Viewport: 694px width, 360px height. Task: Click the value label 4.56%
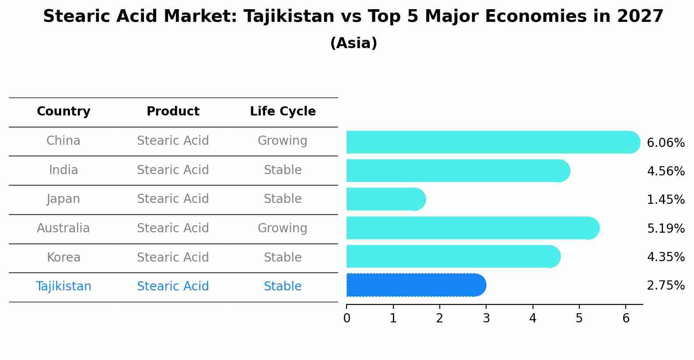666,171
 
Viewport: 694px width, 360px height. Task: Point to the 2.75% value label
666,286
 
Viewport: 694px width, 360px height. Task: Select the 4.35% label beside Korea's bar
666,257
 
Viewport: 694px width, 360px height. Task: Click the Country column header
63,112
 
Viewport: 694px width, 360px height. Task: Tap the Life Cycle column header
283,112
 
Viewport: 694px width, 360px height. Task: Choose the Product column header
173,112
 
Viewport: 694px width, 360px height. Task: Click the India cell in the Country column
63,170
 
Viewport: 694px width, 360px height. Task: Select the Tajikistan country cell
63,287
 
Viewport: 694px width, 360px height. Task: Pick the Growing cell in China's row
283,141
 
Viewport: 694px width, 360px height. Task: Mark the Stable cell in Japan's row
283,199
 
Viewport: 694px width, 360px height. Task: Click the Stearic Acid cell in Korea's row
173,257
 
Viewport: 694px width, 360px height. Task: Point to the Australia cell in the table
63,228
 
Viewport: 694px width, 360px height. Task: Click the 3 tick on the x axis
486,318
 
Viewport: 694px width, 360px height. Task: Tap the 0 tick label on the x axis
347,318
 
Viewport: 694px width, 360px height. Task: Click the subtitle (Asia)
354,43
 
